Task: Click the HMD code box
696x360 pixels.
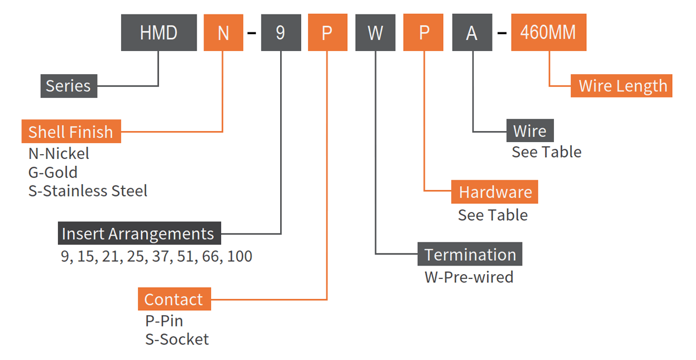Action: coord(158,32)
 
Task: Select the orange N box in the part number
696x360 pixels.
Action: coord(223,32)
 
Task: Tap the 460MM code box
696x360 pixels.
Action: coord(548,32)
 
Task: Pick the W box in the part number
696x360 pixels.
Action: coord(375,32)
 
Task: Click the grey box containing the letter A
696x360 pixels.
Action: coord(472,32)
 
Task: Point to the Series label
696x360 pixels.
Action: coord(68,86)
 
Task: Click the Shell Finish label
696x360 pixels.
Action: coord(71,132)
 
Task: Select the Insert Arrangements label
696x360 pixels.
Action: coord(139,234)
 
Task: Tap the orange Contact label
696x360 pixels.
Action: coord(174,299)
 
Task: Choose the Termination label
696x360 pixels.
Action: coord(470,254)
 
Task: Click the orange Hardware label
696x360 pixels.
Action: coord(495,192)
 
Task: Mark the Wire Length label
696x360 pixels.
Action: coord(622,86)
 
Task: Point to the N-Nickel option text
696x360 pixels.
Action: coord(59,154)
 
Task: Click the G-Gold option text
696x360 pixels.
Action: coord(53,172)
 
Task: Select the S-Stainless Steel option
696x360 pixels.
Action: coord(88,191)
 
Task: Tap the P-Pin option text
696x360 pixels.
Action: coord(164,321)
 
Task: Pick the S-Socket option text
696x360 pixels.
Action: coord(177,339)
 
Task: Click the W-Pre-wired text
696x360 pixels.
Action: coord(469,277)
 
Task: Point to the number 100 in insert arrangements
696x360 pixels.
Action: coord(240,256)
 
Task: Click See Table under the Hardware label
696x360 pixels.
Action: coord(493,215)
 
